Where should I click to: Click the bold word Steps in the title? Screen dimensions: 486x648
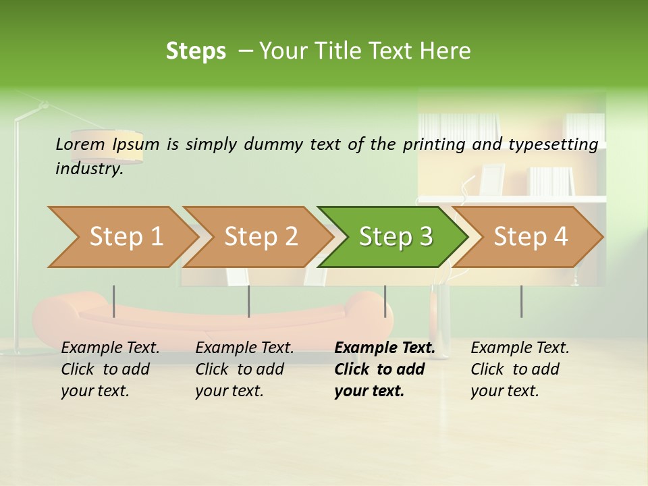[x=196, y=51]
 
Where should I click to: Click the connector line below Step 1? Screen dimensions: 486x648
[x=114, y=301]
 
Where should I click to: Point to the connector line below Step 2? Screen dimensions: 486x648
[x=249, y=301]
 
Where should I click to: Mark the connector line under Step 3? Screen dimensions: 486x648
[x=385, y=301]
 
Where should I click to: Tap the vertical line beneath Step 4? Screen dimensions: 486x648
[x=521, y=301]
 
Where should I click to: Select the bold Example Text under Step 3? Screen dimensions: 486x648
[x=385, y=348]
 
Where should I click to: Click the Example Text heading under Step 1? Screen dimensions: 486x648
[x=110, y=348]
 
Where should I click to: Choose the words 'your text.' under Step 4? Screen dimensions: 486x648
[x=504, y=391]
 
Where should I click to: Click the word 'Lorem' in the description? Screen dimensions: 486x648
[x=80, y=144]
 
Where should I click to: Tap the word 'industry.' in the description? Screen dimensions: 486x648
[x=89, y=169]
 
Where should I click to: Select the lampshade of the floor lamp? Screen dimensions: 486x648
[x=108, y=146]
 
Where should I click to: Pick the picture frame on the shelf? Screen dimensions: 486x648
[x=491, y=180]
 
